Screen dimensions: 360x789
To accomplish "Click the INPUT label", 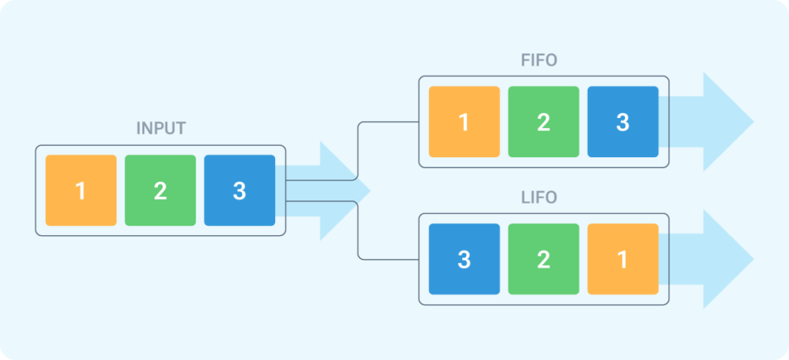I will point(160,129).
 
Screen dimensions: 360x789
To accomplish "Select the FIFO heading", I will point(539,60).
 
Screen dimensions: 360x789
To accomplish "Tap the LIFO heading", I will point(539,198).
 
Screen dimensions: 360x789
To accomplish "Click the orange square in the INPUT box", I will point(81,190).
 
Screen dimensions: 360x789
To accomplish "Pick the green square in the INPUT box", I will point(160,190).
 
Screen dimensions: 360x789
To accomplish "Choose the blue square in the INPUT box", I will point(240,190).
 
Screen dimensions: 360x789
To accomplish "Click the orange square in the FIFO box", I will point(464,122).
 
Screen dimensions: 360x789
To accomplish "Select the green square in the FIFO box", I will point(543,122).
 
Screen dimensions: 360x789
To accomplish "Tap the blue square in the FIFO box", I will point(623,122).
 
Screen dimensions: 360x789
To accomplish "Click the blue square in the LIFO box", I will point(464,259).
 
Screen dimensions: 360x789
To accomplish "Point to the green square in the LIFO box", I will point(543,259).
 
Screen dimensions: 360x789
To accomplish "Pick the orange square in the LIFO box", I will point(623,259).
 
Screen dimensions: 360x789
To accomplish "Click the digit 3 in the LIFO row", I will point(464,260).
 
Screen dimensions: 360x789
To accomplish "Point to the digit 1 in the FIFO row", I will point(464,123).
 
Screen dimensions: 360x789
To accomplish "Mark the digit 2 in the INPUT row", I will point(160,191).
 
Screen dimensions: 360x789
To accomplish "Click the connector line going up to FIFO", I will point(359,150).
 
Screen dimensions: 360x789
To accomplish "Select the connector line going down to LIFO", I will point(359,231).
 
